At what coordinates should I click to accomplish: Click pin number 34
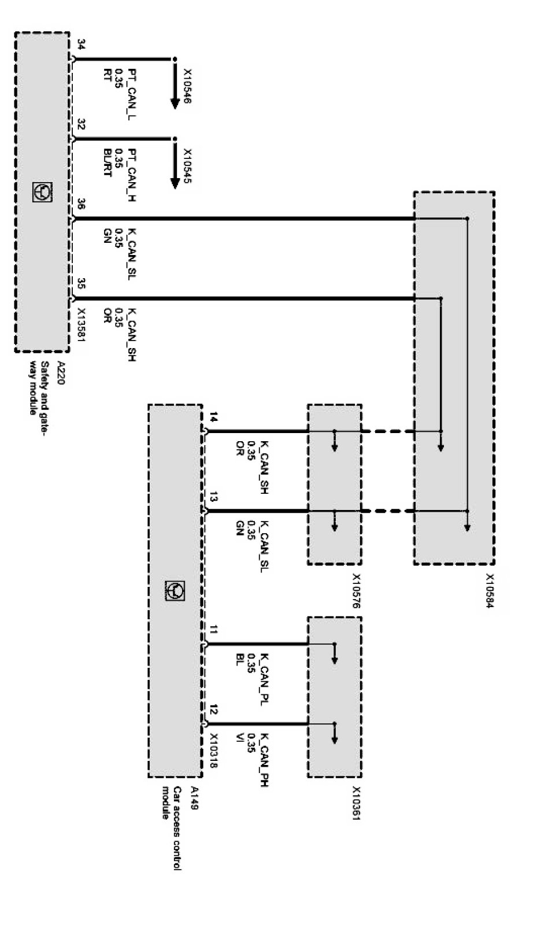81,45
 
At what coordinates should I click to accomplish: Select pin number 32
81,125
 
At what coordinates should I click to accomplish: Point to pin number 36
81,204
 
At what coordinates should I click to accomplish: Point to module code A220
60,369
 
